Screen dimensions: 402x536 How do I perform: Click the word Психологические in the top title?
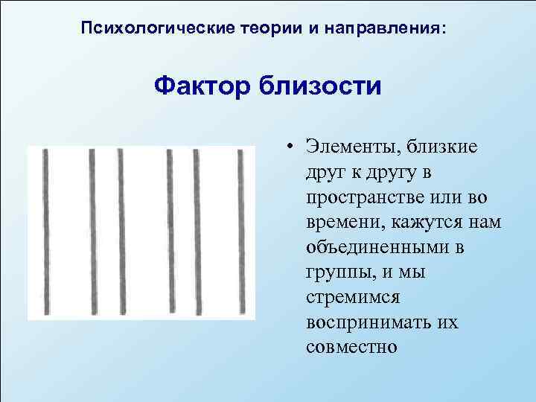[138, 29]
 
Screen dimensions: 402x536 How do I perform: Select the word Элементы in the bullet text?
[346, 146]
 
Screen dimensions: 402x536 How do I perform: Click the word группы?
[336, 272]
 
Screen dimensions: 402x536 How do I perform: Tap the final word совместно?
[352, 348]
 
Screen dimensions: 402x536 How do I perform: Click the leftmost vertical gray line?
[47, 232]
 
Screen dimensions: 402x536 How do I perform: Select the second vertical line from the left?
[92, 232]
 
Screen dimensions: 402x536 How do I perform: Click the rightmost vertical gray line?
[241, 232]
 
